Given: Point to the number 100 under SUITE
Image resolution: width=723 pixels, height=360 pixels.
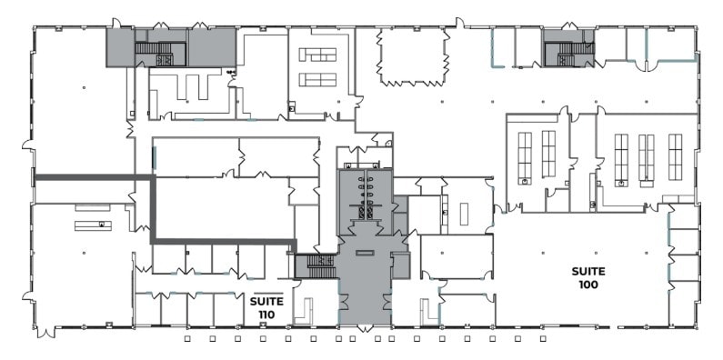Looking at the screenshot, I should coord(588,285).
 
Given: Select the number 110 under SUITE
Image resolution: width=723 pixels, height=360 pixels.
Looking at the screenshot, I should coord(266,315).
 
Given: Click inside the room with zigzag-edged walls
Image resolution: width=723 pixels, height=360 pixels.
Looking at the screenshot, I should coord(413,55).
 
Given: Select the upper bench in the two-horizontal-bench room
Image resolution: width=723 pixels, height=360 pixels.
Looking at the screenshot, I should coord(317,55).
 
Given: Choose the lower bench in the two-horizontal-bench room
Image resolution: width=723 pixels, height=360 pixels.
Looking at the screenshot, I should coord(317,79).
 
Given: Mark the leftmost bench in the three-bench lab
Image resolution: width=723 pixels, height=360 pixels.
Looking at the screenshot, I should coord(622,156).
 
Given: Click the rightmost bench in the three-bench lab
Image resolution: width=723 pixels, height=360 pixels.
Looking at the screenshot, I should coord(675,156).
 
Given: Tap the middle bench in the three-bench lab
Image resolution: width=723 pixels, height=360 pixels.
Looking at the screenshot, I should coord(646,156).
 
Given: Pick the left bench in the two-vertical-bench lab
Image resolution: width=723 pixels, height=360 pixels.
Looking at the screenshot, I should coord(525,155).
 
